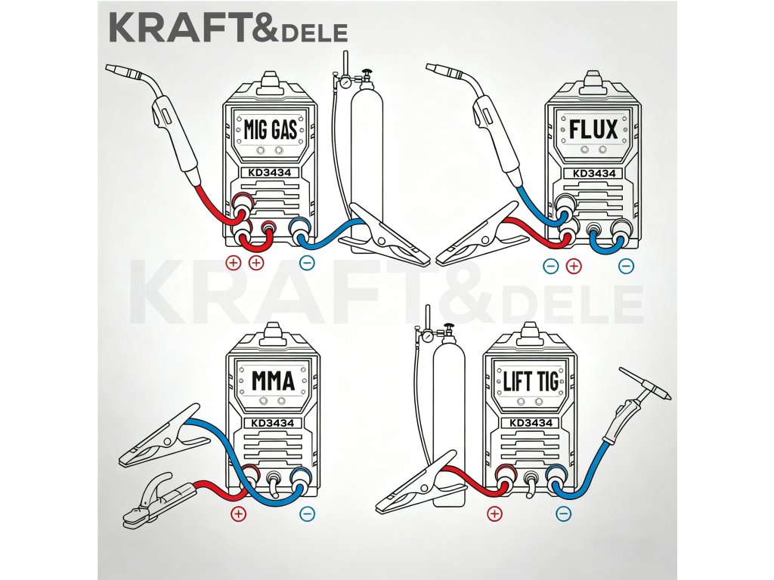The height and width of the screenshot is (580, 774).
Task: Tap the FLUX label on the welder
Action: pos(593,131)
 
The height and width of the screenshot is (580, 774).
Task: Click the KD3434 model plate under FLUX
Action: pos(594,174)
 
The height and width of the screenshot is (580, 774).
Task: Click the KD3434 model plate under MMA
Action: pos(272,423)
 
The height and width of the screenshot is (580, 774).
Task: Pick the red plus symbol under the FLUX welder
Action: pos(573,265)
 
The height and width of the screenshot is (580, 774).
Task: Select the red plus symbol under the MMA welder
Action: pos(239,514)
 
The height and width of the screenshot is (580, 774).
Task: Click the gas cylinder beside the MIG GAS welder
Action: pos(367,151)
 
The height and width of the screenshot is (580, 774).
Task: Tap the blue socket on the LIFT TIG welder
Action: pos(558,474)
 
